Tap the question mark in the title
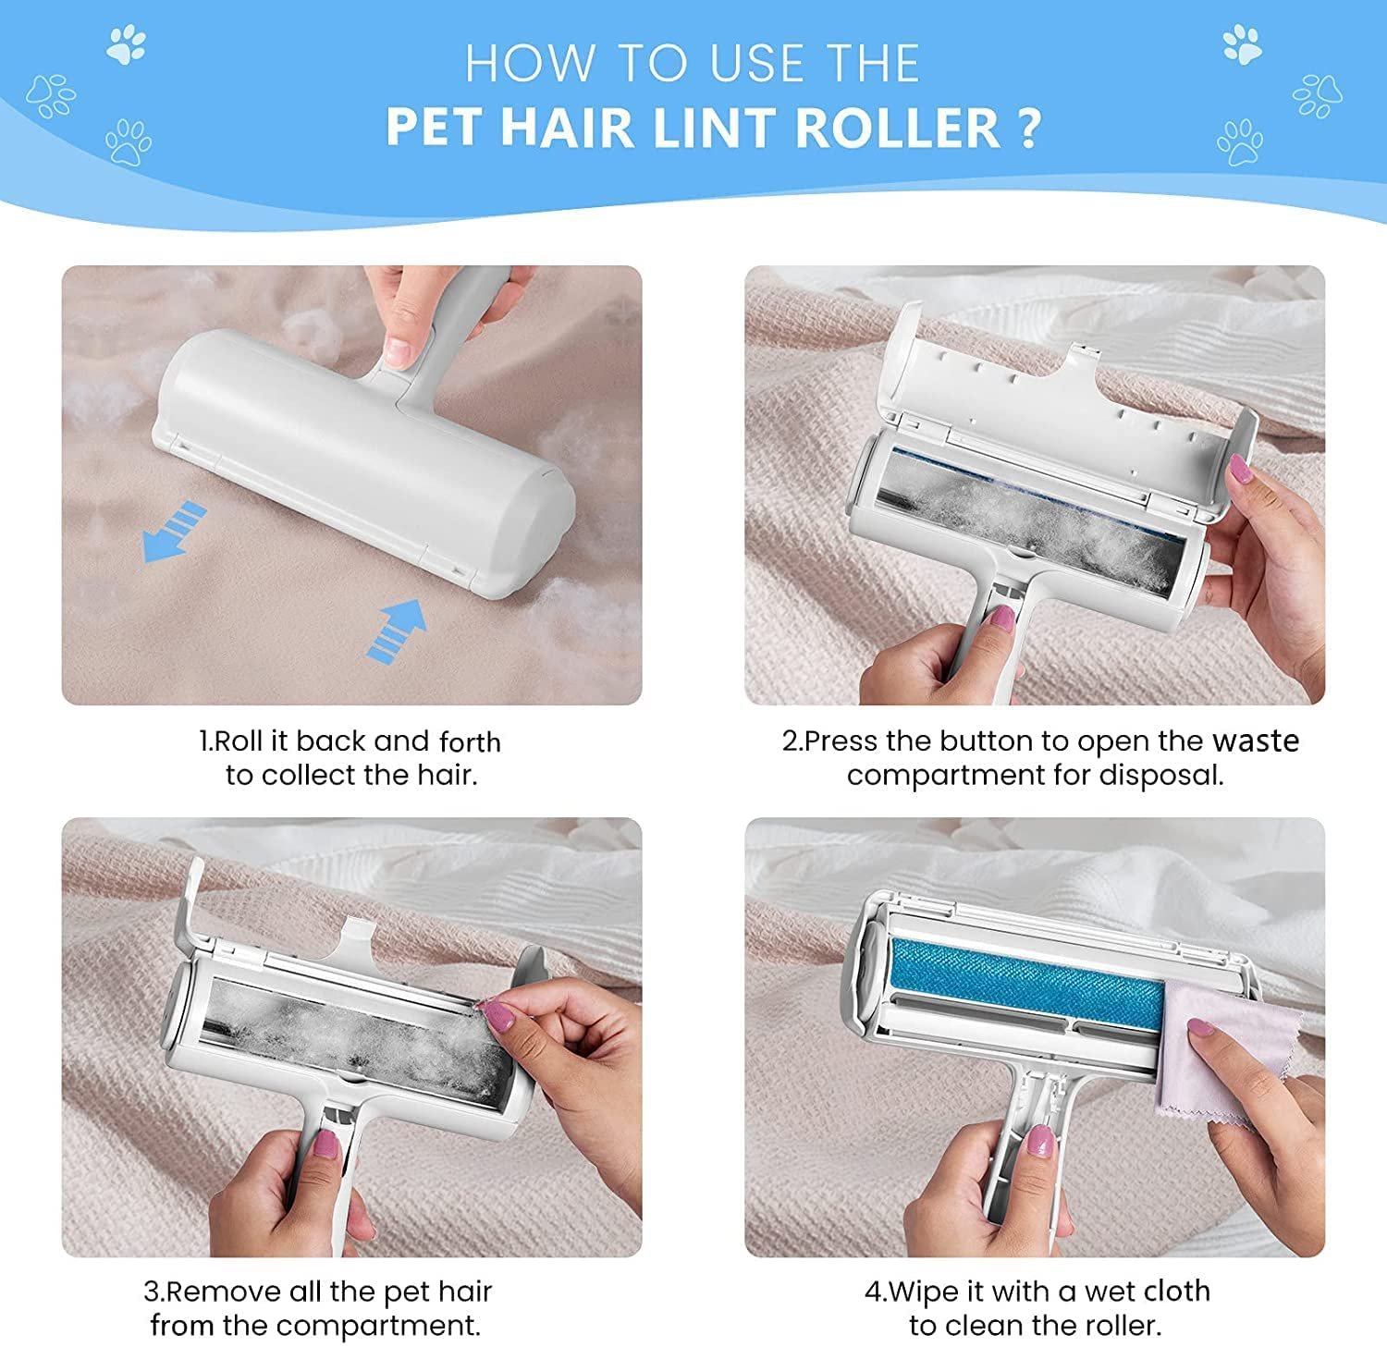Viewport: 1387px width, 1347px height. tap(1029, 128)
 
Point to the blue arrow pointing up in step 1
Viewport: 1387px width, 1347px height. tap(397, 629)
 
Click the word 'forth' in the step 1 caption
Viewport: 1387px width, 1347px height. tap(470, 741)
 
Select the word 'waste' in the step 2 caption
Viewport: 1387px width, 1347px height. tap(1256, 741)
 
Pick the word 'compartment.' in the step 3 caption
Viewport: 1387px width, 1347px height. tap(378, 1326)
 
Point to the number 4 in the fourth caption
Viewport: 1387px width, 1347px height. tap(874, 1292)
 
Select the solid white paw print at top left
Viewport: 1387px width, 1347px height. tap(126, 44)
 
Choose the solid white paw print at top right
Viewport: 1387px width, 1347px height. tap(1242, 44)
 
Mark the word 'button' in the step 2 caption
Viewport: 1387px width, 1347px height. tap(982, 741)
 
